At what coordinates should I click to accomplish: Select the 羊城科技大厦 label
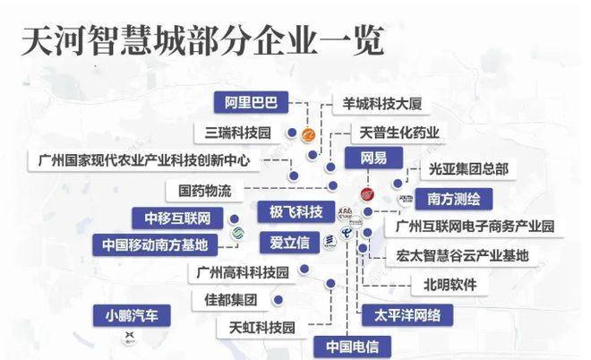click(x=375, y=104)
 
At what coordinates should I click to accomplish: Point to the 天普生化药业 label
click(x=399, y=133)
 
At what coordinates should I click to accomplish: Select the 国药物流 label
click(x=204, y=191)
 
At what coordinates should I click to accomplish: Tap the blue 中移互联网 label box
click(x=176, y=217)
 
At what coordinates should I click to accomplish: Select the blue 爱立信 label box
click(x=289, y=242)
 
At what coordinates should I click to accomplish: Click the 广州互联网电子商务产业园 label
click(x=475, y=226)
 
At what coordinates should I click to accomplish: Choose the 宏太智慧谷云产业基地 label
click(x=462, y=255)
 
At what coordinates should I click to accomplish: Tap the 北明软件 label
click(x=444, y=285)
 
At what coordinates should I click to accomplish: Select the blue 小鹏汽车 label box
click(x=131, y=314)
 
